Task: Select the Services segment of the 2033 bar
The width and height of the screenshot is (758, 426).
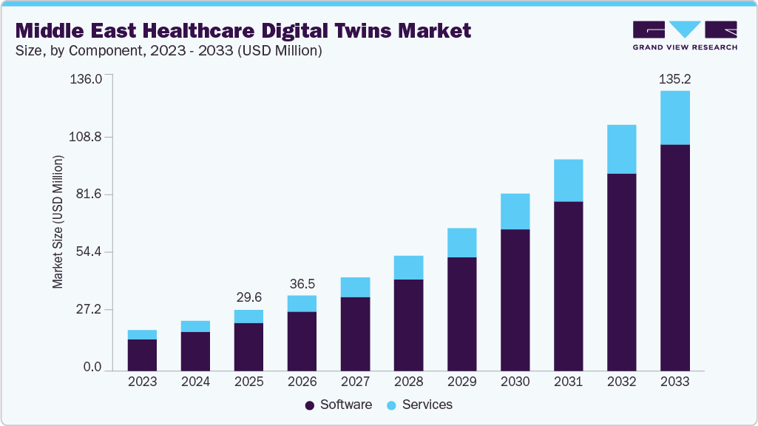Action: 674,118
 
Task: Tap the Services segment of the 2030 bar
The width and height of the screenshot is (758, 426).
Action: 515,212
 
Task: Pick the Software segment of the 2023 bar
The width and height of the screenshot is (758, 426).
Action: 142,355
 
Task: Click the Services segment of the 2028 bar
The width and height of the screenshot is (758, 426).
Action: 408,268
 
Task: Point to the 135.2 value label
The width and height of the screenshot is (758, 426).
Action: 674,78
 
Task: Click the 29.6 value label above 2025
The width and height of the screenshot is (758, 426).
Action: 248,297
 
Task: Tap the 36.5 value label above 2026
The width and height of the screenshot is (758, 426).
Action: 302,283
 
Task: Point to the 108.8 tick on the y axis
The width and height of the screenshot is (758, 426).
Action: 87,138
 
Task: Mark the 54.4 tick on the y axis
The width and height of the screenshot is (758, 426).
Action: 89,252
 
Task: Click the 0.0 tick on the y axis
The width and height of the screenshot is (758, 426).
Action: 92,368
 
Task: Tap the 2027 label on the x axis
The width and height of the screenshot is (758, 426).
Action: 355,382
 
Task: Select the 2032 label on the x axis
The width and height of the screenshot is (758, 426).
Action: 621,382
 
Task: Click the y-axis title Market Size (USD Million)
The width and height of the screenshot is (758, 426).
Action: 58,222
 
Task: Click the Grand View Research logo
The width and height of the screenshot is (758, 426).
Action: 685,35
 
